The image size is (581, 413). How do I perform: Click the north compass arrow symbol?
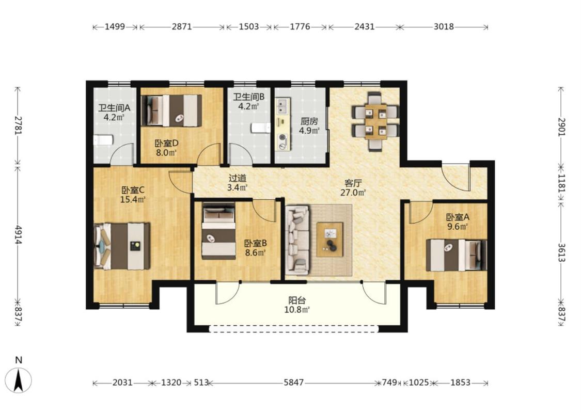pyautogui.click(x=19, y=380)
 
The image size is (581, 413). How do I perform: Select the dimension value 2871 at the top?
pyautogui.click(x=182, y=27)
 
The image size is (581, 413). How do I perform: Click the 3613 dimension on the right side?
pyautogui.click(x=561, y=252)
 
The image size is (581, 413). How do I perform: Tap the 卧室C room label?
pyautogui.click(x=133, y=190)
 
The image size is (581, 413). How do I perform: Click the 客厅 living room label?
pyautogui.click(x=353, y=183)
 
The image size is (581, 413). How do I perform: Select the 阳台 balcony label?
pyautogui.click(x=297, y=300)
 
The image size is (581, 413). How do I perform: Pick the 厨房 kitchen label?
pyautogui.click(x=309, y=121)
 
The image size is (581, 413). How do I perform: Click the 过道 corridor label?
pyautogui.click(x=237, y=178)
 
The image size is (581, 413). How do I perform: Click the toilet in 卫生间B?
pyautogui.click(x=261, y=128)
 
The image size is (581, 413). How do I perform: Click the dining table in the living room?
pyautogui.click(x=376, y=121)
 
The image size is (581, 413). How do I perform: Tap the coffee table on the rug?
pyautogui.click(x=330, y=239)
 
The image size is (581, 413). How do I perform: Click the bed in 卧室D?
pyautogui.click(x=171, y=110)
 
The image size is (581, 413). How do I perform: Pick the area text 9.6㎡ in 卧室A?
pyautogui.click(x=457, y=227)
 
